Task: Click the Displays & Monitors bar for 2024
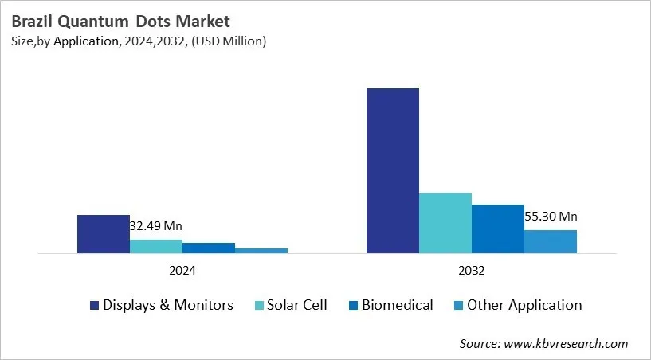[103, 234]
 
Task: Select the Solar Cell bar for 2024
[156, 246]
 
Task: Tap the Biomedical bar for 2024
[209, 248]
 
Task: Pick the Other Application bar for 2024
[261, 251]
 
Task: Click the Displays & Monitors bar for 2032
[392, 170]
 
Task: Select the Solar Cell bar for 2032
[445, 223]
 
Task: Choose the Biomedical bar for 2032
[497, 229]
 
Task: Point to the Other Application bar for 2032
[550, 241]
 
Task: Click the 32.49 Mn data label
[155, 226]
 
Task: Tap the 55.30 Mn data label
[551, 216]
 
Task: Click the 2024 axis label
[182, 271]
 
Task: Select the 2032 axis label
[471, 271]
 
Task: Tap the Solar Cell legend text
[297, 305]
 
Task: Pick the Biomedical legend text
[397, 305]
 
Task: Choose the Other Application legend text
[524, 305]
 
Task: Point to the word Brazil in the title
[32, 22]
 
